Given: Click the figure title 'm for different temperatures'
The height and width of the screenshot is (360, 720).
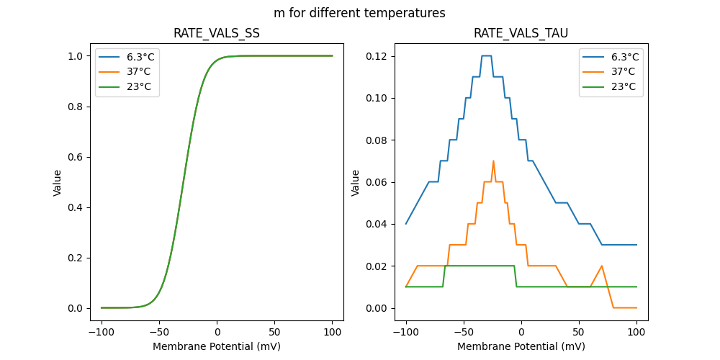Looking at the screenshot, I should (x=359, y=13).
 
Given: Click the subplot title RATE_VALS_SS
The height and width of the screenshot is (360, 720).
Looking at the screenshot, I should (x=217, y=34).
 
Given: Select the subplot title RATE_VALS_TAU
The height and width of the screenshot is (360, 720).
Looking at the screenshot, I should (x=521, y=34).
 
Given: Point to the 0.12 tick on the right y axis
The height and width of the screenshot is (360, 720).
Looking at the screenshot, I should (x=377, y=56).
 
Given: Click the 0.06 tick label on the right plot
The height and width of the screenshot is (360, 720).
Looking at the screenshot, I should (x=377, y=182).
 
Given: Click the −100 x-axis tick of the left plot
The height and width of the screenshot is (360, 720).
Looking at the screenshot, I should (x=101, y=333).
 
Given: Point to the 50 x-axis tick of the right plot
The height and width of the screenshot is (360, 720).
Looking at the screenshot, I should (x=579, y=333).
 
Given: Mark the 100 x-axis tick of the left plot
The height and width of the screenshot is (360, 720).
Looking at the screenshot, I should (x=333, y=333).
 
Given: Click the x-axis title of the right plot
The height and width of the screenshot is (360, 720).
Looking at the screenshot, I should (x=521, y=346).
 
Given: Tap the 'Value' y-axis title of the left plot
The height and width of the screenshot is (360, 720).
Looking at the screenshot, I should (x=58, y=183).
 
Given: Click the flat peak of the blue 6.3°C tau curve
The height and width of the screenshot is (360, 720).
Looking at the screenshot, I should (x=486, y=55).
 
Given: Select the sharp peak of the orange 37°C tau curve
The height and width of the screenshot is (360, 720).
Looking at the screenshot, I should (x=493, y=161).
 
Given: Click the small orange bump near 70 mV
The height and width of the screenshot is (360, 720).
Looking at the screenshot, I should (x=602, y=266).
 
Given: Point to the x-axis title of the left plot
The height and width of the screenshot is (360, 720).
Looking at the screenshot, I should (x=217, y=346).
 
